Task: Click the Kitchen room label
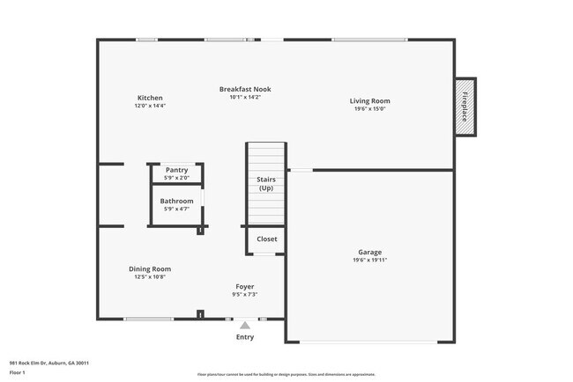(x=150, y=98)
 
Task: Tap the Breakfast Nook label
(x=245, y=89)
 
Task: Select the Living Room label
(x=369, y=101)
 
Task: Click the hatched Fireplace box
(x=465, y=107)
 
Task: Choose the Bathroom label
(x=176, y=201)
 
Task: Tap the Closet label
(x=266, y=239)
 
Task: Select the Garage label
(x=369, y=252)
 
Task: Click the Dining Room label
(x=150, y=269)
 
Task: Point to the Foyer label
(x=244, y=287)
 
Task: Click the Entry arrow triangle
(x=245, y=325)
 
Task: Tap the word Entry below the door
(x=245, y=337)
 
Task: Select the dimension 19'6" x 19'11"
(x=369, y=260)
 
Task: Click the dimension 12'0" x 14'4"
(x=150, y=106)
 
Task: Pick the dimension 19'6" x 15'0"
(x=369, y=109)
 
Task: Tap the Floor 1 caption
(x=18, y=371)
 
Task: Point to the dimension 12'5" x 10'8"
(x=150, y=277)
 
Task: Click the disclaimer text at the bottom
(x=286, y=374)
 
